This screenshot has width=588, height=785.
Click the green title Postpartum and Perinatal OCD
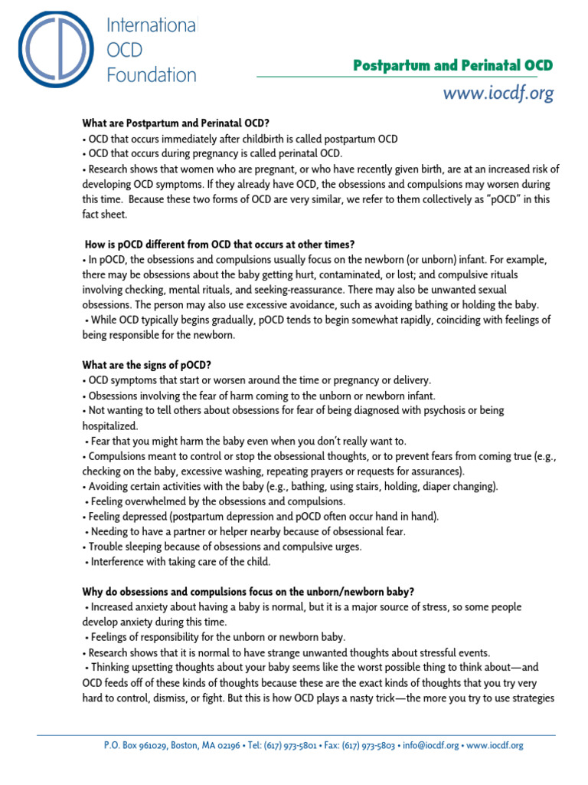click(452, 66)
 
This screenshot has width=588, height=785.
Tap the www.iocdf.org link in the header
click(498, 94)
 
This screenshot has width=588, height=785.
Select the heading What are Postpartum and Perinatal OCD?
click(176, 123)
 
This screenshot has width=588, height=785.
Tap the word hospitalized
click(110, 425)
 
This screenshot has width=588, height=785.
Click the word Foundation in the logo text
click(152, 74)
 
